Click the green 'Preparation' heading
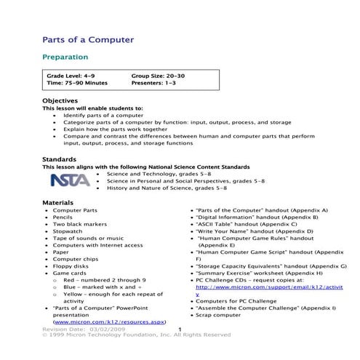coord(65,56)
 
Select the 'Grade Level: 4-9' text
coord(75,75)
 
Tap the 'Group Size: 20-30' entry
coord(159,75)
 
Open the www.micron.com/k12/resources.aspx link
coord(110,321)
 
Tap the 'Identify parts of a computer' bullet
coord(103,116)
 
